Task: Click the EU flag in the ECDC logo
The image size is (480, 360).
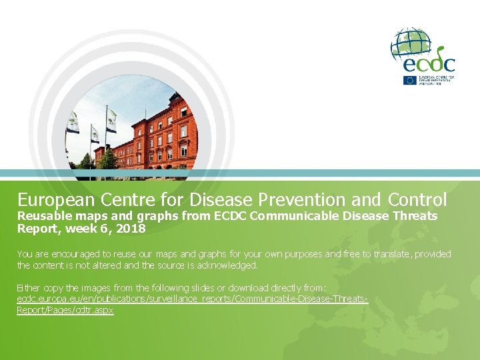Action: (x=409, y=80)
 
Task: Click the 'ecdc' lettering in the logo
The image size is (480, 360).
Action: (x=430, y=63)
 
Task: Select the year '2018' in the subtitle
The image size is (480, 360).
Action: (x=131, y=229)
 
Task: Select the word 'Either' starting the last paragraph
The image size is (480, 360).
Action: (x=27, y=288)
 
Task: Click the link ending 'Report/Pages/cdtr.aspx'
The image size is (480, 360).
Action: (x=65, y=311)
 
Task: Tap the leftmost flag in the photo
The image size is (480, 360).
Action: (x=73, y=123)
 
